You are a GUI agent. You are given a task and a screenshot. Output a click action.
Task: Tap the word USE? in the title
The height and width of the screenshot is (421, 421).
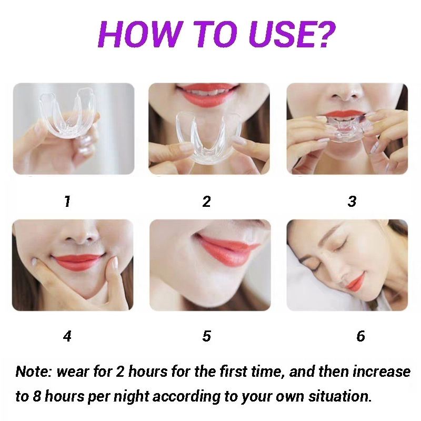[293, 34]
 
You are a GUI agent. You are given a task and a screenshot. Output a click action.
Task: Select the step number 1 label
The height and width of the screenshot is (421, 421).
[67, 202]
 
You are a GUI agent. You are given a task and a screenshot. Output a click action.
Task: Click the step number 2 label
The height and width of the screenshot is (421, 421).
[206, 202]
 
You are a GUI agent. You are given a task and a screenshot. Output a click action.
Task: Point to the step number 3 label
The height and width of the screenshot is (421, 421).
[352, 202]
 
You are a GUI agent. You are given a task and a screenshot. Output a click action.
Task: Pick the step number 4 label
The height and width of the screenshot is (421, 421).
[67, 336]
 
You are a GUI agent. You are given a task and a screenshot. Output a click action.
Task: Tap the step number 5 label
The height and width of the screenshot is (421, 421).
[206, 336]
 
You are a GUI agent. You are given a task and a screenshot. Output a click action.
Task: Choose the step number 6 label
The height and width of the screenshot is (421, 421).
[360, 336]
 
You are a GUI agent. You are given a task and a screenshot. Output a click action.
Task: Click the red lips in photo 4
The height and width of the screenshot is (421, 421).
[77, 262]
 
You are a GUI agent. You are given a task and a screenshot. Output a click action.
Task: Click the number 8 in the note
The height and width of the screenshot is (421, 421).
[36, 396]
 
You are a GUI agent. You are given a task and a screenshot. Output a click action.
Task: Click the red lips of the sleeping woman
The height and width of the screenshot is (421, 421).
[354, 282]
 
